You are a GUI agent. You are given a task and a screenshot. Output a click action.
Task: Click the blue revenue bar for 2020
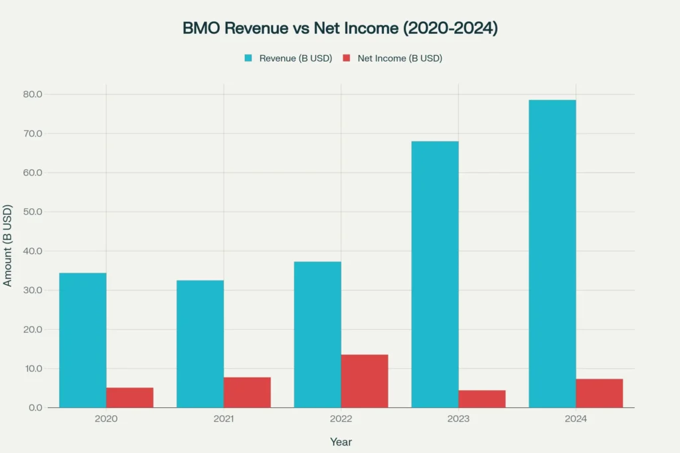pyautogui.click(x=82, y=340)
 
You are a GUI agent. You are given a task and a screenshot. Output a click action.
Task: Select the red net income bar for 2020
pyautogui.click(x=129, y=397)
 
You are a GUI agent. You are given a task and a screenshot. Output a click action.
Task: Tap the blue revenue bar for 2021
pyautogui.click(x=200, y=344)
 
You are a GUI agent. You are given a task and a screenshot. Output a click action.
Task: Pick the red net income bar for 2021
pyautogui.click(x=247, y=392)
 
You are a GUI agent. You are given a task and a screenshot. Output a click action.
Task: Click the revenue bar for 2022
pyautogui.click(x=317, y=334)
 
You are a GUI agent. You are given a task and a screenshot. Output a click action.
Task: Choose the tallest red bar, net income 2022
pyautogui.click(x=365, y=381)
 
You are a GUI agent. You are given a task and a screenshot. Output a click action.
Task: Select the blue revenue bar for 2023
pyautogui.click(x=435, y=274)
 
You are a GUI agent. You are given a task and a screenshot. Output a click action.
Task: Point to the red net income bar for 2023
pyautogui.click(x=482, y=399)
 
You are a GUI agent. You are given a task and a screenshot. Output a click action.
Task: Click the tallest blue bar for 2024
pyautogui.click(x=552, y=253)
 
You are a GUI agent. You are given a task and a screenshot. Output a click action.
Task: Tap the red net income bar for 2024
pyautogui.click(x=600, y=393)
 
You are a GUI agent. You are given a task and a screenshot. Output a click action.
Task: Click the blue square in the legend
pyautogui.click(x=248, y=58)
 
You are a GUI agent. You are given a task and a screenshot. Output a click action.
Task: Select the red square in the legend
pyautogui.click(x=346, y=58)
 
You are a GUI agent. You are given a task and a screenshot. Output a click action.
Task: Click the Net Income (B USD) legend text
pyautogui.click(x=400, y=58)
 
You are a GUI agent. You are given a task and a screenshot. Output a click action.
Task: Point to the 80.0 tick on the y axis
pyautogui.click(x=33, y=94)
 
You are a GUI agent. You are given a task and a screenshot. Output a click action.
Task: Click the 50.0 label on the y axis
pyautogui.click(x=33, y=212)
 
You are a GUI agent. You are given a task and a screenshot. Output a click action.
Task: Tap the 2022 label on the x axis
pyautogui.click(x=341, y=419)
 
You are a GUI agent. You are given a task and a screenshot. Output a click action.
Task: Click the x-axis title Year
pyautogui.click(x=341, y=442)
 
